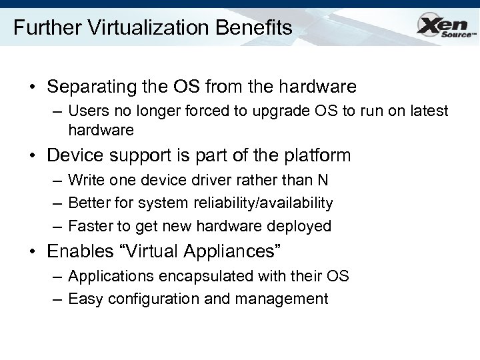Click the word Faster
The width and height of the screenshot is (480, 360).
tap(90, 226)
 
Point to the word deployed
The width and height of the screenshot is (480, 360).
tap(300, 227)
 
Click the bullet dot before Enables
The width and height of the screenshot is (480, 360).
tap(32, 252)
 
